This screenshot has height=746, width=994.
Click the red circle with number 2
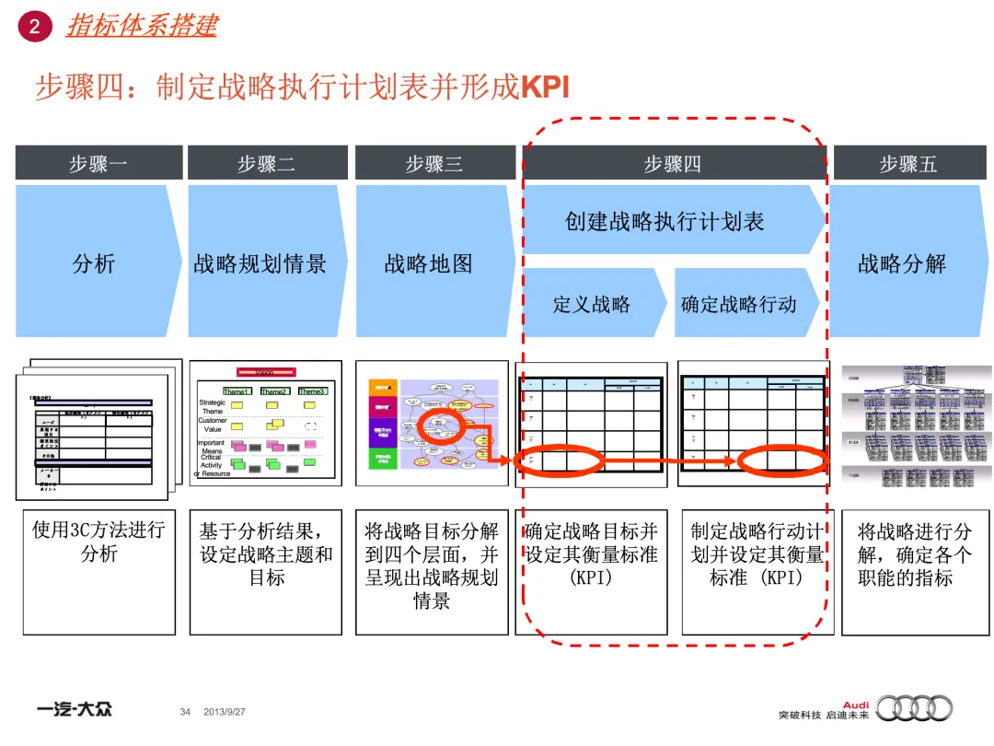(x=35, y=27)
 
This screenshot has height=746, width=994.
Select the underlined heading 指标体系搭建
(x=142, y=25)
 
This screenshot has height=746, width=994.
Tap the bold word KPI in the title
(x=545, y=87)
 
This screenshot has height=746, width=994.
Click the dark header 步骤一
(x=98, y=164)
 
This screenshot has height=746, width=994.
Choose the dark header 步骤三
(x=434, y=164)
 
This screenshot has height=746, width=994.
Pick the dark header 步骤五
(x=907, y=164)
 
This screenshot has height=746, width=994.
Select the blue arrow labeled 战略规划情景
(x=261, y=263)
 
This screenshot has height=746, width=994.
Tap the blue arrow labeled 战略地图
(x=430, y=263)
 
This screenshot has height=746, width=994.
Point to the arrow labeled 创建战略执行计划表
(x=665, y=221)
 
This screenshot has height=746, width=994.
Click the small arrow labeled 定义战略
(x=592, y=304)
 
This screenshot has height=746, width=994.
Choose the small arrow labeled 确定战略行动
(x=739, y=304)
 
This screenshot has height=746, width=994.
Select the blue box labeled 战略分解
(x=903, y=262)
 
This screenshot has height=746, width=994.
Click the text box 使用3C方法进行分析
(x=98, y=542)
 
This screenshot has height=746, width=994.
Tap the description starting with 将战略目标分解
(x=432, y=565)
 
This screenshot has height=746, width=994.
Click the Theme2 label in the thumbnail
(x=273, y=391)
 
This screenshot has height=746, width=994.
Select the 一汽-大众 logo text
(x=75, y=710)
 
